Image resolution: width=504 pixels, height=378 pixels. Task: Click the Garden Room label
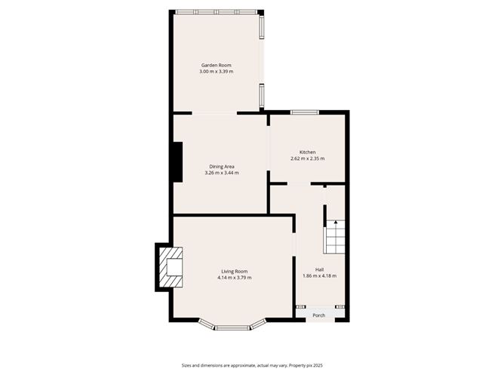pos(216,65)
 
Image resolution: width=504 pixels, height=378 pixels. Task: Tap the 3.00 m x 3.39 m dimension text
pos(216,72)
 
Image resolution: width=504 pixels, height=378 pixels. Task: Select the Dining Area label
pos(222,167)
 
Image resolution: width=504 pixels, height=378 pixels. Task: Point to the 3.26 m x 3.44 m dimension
pos(222,173)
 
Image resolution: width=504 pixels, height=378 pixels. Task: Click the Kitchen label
pos(308,152)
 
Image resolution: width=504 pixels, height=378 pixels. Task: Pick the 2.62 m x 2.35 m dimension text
pos(308,158)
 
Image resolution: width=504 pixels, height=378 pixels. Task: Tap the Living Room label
pos(235,272)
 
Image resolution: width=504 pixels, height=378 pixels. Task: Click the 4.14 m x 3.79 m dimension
pos(235,278)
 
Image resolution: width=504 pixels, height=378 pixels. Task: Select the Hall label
pos(319,269)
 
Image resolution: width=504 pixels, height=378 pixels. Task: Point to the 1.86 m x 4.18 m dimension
pos(319,276)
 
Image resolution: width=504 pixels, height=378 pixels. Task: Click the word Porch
pos(319,315)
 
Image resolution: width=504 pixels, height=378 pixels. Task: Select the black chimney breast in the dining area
pos(178,162)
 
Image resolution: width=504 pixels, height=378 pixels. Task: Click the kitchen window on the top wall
pos(304,112)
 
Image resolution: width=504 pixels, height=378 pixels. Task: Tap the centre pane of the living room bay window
pos(232,328)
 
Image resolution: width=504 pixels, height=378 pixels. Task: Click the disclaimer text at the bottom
pos(252,365)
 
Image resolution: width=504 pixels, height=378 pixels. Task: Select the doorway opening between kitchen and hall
pos(299,183)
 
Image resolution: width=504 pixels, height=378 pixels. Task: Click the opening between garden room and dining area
pos(214,113)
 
